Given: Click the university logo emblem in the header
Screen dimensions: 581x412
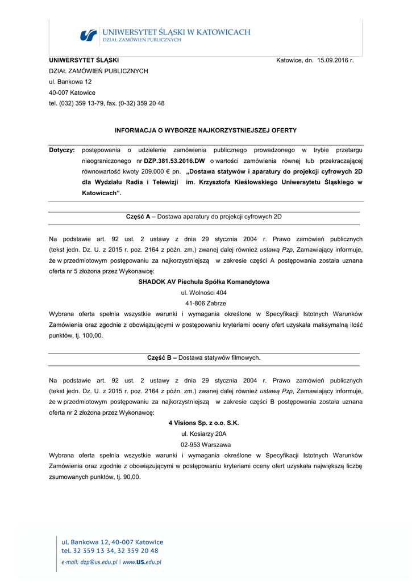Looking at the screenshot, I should [x=88, y=35].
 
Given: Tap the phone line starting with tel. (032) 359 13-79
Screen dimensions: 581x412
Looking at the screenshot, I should [x=107, y=103].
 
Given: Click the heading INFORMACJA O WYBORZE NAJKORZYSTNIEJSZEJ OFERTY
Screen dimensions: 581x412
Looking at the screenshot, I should [x=206, y=130].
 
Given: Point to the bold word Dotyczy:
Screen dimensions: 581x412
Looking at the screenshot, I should [x=62, y=150].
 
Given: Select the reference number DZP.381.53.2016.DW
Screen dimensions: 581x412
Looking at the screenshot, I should [x=174, y=161].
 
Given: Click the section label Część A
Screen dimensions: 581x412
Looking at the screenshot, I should [x=140, y=217].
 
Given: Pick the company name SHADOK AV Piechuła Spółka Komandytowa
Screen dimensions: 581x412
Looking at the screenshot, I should [x=204, y=281].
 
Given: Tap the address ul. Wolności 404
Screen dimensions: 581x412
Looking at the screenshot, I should [x=203, y=292].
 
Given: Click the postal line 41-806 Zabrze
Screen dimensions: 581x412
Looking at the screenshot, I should [x=203, y=303].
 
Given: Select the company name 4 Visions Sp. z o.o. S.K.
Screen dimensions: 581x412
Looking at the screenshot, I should [x=203, y=423].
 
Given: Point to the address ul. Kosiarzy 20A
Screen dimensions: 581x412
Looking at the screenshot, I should [x=203, y=433].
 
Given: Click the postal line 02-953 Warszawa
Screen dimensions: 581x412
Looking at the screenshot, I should [x=203, y=444].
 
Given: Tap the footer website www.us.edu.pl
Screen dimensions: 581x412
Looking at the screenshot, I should [x=142, y=562].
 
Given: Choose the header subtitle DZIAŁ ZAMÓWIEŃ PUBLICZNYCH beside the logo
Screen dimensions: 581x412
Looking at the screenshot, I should [x=142, y=40].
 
